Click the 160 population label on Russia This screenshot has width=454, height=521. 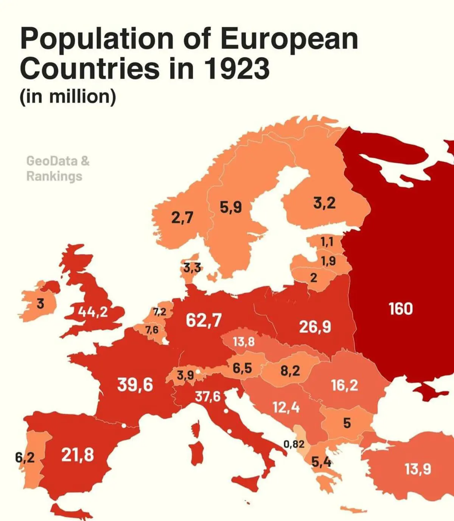(401, 309)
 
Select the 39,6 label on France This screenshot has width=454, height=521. (135, 385)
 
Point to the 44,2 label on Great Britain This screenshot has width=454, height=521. (93, 312)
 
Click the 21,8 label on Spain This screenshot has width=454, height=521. (78, 455)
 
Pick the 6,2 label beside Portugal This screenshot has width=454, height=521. (25, 458)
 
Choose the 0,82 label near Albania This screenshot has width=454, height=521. (294, 444)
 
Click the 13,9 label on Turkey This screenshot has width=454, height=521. (418, 469)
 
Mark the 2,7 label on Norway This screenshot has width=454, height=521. (182, 217)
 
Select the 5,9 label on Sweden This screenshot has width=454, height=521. (230, 207)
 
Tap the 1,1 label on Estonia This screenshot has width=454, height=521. (327, 242)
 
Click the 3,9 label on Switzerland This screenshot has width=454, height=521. (185, 375)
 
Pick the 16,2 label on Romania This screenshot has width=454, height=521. (344, 385)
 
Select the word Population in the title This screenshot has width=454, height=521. (96, 39)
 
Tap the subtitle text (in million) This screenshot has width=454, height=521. (68, 96)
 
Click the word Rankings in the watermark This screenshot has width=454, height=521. (54, 176)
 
